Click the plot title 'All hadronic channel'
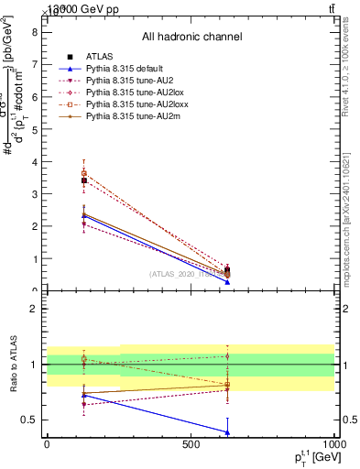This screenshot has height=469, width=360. [191, 38]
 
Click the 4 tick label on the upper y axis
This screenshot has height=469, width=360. [33, 161]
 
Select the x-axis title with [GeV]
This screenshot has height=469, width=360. [307, 458]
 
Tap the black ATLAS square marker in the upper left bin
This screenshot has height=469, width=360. [84, 180]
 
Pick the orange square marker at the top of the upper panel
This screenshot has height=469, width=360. [84, 172]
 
